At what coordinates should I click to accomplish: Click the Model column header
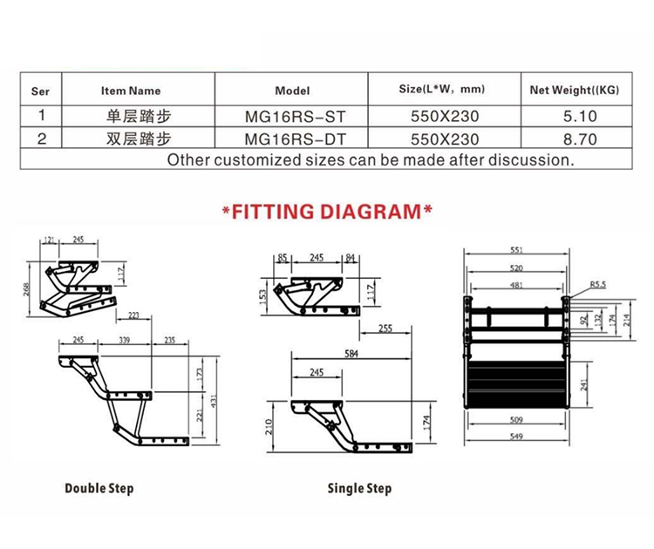coord(292,91)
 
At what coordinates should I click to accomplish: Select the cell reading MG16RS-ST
coord(296,117)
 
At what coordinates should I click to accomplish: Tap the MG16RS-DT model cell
coord(296,139)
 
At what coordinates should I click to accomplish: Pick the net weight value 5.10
coord(580,116)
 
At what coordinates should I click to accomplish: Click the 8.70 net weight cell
coord(580,139)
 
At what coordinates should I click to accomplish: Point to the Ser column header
coord(40,91)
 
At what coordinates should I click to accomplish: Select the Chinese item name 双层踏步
coord(139,139)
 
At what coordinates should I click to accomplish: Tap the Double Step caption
coord(99,489)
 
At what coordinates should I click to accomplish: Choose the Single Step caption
coord(359,489)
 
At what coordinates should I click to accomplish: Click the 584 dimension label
coord(351,354)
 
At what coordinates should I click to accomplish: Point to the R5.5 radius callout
coord(597,285)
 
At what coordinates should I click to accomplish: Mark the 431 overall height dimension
coord(213,401)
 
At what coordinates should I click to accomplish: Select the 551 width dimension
coord(516,250)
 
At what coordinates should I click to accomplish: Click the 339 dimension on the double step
coord(125,340)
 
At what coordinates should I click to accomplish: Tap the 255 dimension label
coord(385,329)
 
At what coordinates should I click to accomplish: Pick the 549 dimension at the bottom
coord(516,437)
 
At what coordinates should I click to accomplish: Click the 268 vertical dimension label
coord(26,289)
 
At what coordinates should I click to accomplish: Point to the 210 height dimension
coord(269,427)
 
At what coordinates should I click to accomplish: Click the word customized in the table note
coord(257,160)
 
